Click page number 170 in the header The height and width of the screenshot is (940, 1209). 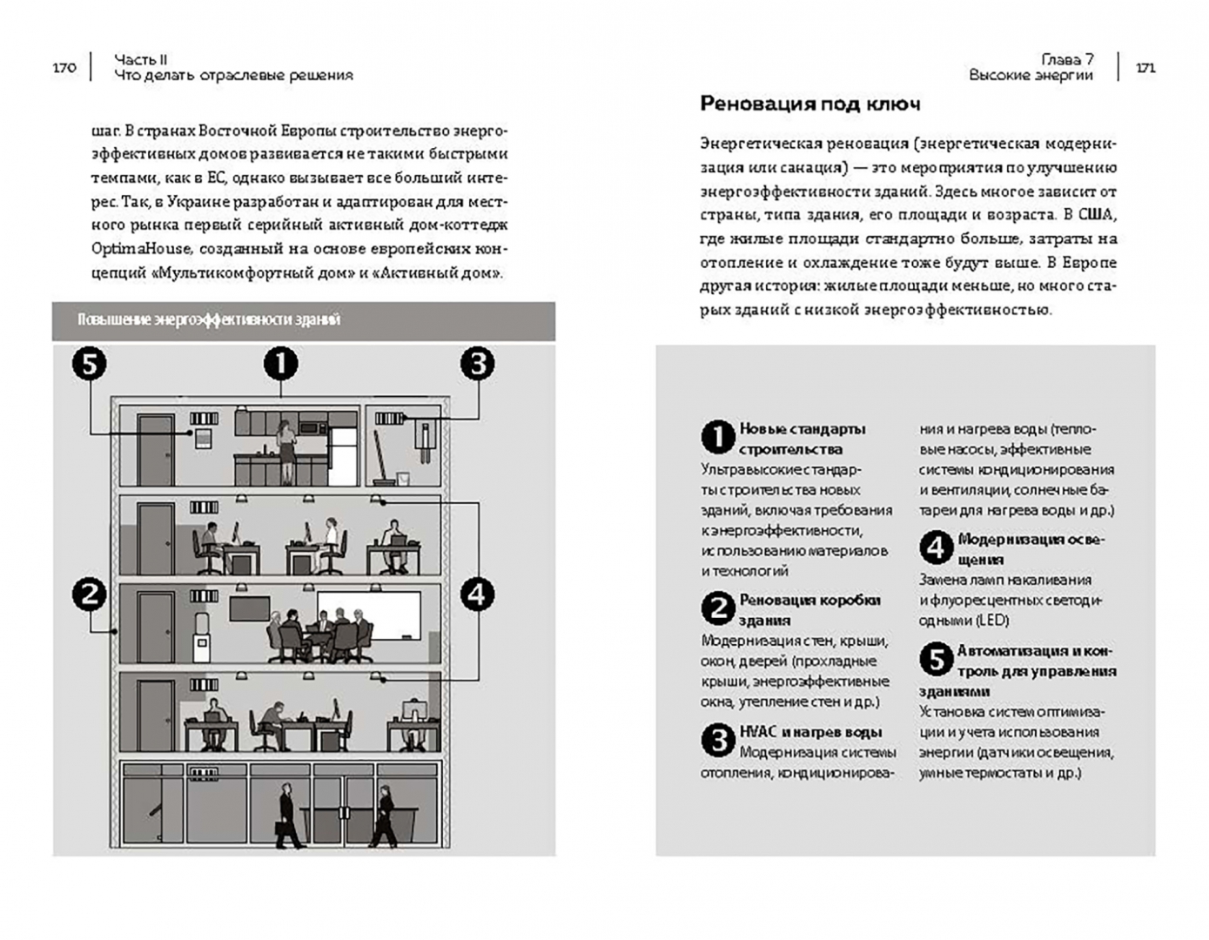64,68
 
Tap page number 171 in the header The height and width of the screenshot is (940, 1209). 1145,68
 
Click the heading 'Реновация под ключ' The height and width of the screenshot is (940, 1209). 809,104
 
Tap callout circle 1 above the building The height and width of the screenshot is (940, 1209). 280,364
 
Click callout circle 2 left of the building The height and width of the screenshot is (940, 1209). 89,595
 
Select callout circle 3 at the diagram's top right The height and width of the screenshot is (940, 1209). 477,364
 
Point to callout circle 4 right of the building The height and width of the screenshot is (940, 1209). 476,595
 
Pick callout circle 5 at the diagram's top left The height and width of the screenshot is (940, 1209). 89,364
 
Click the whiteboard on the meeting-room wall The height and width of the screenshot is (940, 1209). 368,614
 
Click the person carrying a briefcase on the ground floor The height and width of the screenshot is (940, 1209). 288,816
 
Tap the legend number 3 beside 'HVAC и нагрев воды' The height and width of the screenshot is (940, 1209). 717,742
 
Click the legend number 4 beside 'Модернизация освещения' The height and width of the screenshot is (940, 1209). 936,548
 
